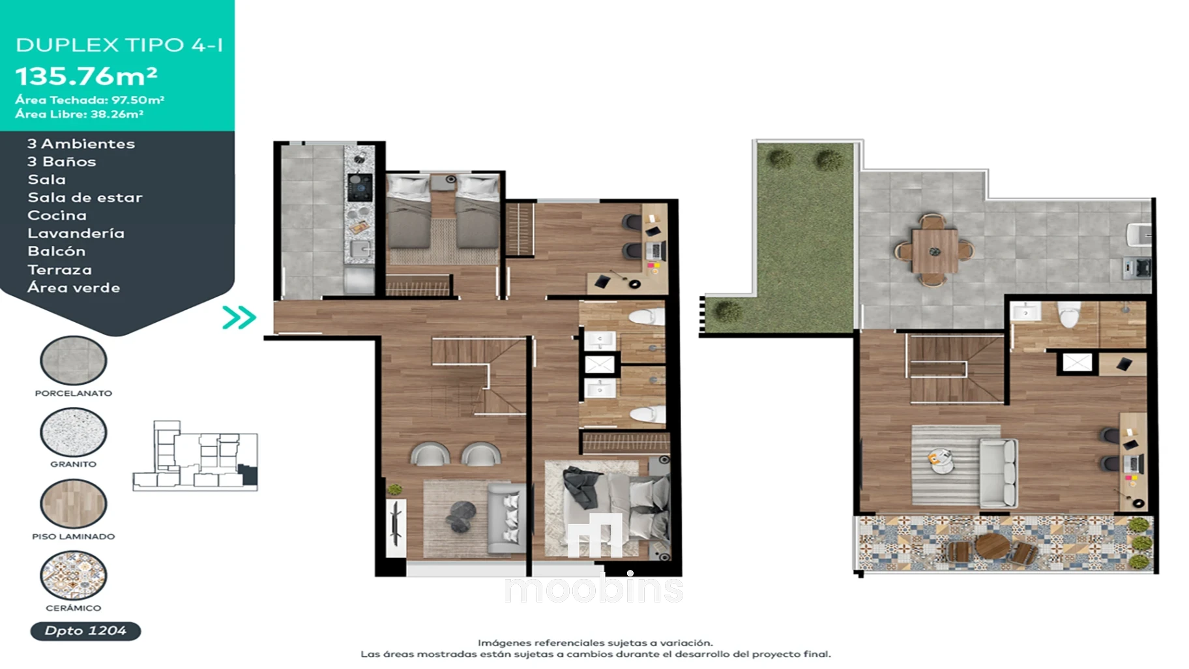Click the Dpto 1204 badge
point(85,631)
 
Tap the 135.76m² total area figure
point(86,76)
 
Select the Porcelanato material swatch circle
point(73,360)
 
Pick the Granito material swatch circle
point(73,432)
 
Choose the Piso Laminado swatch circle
point(73,503)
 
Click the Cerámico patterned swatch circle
point(73,575)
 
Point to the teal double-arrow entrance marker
point(239,318)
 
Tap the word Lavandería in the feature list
point(76,233)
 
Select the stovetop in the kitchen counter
point(360,187)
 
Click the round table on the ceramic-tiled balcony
point(991,547)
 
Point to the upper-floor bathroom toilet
point(1069,314)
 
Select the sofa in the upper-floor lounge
point(998,473)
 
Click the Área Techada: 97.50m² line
point(90,100)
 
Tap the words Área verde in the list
point(74,288)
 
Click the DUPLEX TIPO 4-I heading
point(119,45)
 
